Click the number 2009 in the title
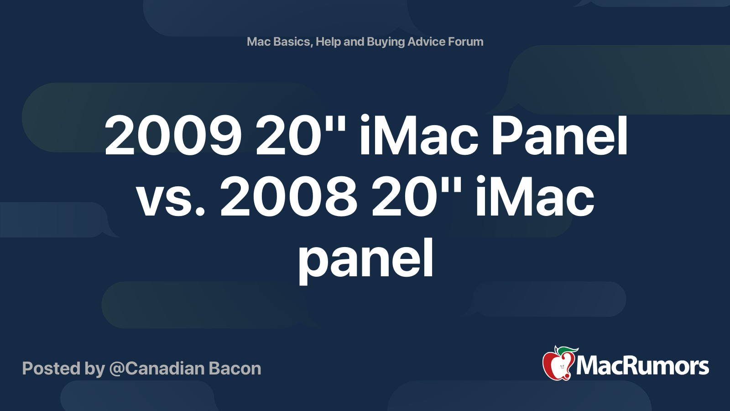(173, 136)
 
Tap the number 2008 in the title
(288, 197)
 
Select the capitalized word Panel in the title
(559, 136)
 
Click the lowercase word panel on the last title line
(365, 259)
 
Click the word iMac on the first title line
(419, 136)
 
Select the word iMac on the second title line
(535, 197)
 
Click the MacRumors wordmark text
(642, 366)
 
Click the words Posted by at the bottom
(63, 369)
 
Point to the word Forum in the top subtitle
(465, 42)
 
